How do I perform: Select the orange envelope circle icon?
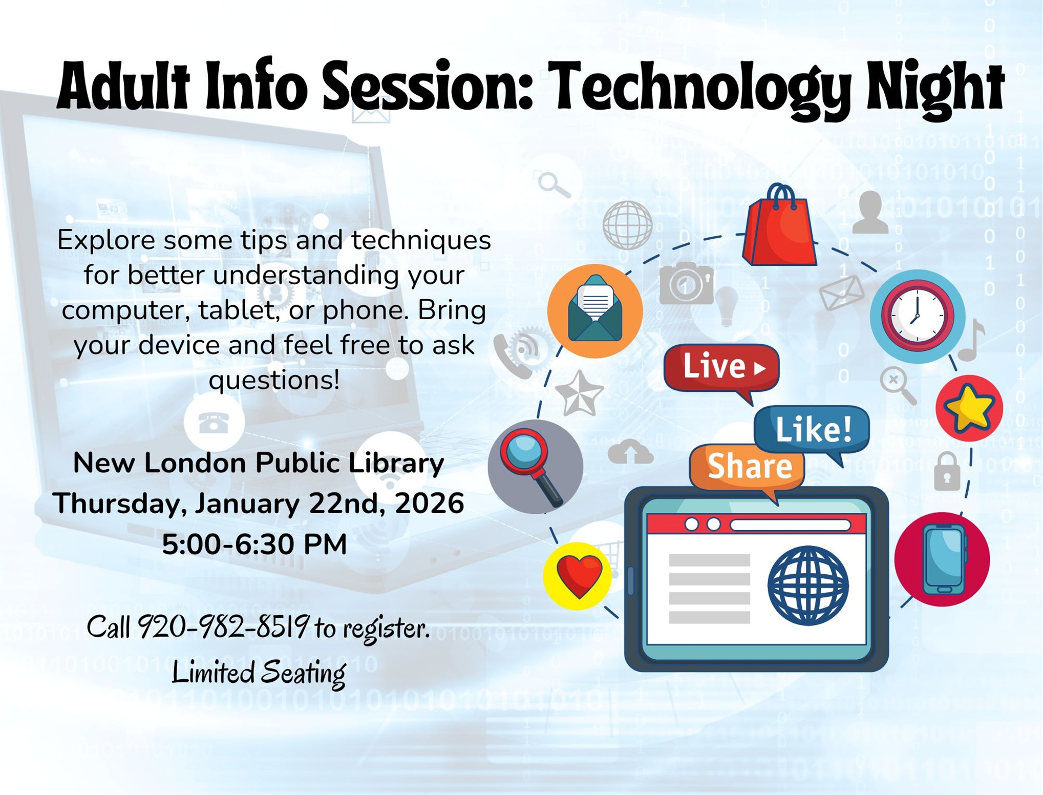tap(595, 311)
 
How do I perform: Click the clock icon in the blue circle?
tap(918, 317)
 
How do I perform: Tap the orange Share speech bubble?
tap(747, 471)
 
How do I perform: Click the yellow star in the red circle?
tap(969, 408)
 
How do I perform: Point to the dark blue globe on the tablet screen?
tap(808, 585)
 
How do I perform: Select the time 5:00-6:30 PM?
tap(254, 544)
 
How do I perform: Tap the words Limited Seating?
tap(259, 672)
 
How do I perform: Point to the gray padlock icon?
tap(947, 472)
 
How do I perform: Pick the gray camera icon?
tap(686, 283)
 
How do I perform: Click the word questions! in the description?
tap(274, 381)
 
